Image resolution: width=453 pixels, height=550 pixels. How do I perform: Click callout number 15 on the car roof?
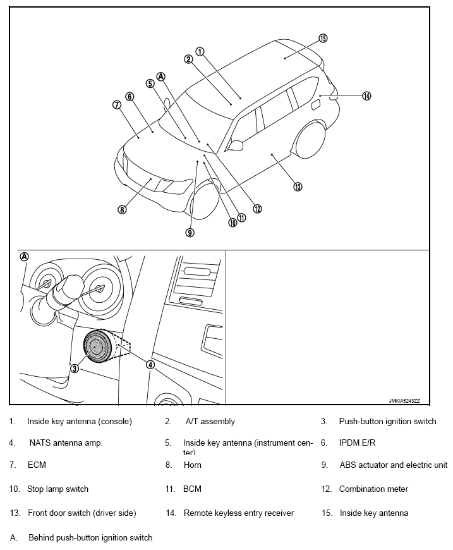[x=323, y=38]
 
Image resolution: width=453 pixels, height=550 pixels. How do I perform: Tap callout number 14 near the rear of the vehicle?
[x=366, y=96]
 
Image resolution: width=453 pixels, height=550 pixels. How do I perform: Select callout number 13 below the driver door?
[x=298, y=186]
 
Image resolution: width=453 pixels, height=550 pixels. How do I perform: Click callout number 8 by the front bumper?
[x=122, y=210]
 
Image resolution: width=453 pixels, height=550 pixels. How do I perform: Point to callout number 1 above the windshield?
[x=199, y=52]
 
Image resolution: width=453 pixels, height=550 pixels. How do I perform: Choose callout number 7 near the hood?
[x=117, y=105]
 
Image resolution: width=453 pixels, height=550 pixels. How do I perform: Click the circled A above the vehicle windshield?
[x=160, y=76]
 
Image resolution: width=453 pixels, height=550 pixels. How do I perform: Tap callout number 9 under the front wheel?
[x=190, y=233]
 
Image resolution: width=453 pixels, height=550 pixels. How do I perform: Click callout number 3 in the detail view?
[x=75, y=369]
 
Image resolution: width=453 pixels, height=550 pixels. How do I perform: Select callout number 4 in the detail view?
[x=150, y=364]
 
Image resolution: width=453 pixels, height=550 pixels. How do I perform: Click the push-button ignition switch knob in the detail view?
[x=98, y=348]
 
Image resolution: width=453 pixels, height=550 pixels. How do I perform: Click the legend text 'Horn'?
[x=193, y=465]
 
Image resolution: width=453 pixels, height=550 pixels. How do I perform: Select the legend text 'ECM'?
[x=37, y=465]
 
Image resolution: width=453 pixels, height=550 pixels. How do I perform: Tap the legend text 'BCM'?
[x=192, y=489]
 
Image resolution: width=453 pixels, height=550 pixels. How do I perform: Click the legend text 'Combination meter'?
[x=373, y=489]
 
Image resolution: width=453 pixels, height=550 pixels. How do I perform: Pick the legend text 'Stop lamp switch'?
[x=57, y=489]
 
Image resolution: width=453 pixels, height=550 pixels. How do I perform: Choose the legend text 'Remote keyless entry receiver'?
[x=238, y=513]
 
